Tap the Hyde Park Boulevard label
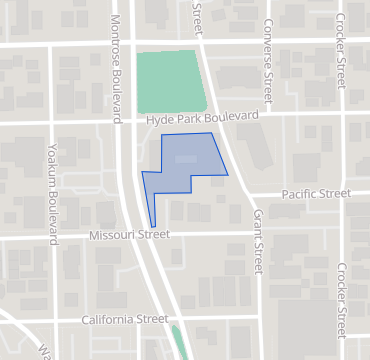pos(195,118)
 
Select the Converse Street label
pos(268,60)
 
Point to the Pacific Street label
pos(316,193)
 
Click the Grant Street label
pos(256,242)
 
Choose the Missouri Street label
pos(129,234)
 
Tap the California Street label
pos(126,319)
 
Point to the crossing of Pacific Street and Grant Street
pos(243,194)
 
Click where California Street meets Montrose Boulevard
pos(165,321)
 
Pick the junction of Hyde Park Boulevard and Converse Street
pos(267,115)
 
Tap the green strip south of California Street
pos(180,343)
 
